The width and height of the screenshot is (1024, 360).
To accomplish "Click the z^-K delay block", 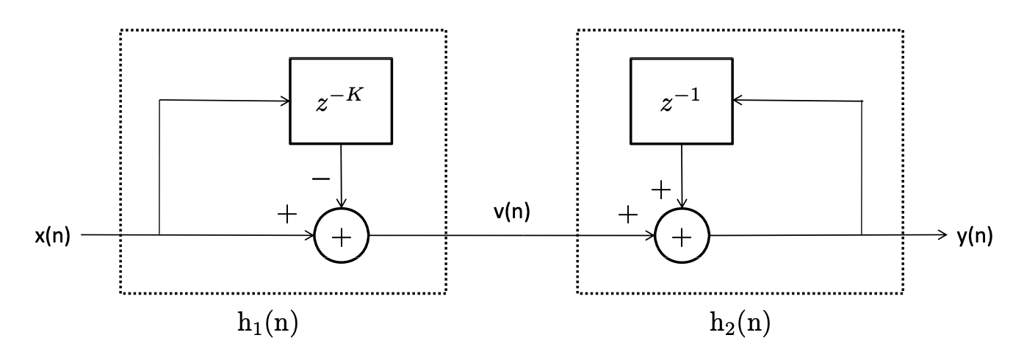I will pos(341,100).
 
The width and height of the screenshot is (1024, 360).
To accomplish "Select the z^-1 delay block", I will pos(681,100).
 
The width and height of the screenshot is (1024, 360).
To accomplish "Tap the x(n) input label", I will pos(51,237).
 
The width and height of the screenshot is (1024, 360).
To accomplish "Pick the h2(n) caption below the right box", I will pos(739,323).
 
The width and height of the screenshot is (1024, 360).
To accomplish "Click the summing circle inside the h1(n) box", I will pos(342,237).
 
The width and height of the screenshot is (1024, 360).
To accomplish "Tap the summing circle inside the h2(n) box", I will pos(682,237).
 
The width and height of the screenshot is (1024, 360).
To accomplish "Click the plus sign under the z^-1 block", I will pos(661,190).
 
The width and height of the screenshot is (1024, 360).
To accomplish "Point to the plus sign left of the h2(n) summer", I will pos(627,215).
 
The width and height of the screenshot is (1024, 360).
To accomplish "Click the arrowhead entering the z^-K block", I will pos(285,100).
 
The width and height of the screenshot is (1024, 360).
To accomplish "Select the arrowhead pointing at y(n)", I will pos(943,236).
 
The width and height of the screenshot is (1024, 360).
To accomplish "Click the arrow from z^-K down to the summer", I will pos(341,176).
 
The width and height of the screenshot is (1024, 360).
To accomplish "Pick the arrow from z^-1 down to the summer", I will pos(682,176).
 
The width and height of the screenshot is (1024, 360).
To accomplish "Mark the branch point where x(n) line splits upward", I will pos(159,236).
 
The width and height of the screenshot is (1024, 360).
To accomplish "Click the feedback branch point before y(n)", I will pos(862,236).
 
